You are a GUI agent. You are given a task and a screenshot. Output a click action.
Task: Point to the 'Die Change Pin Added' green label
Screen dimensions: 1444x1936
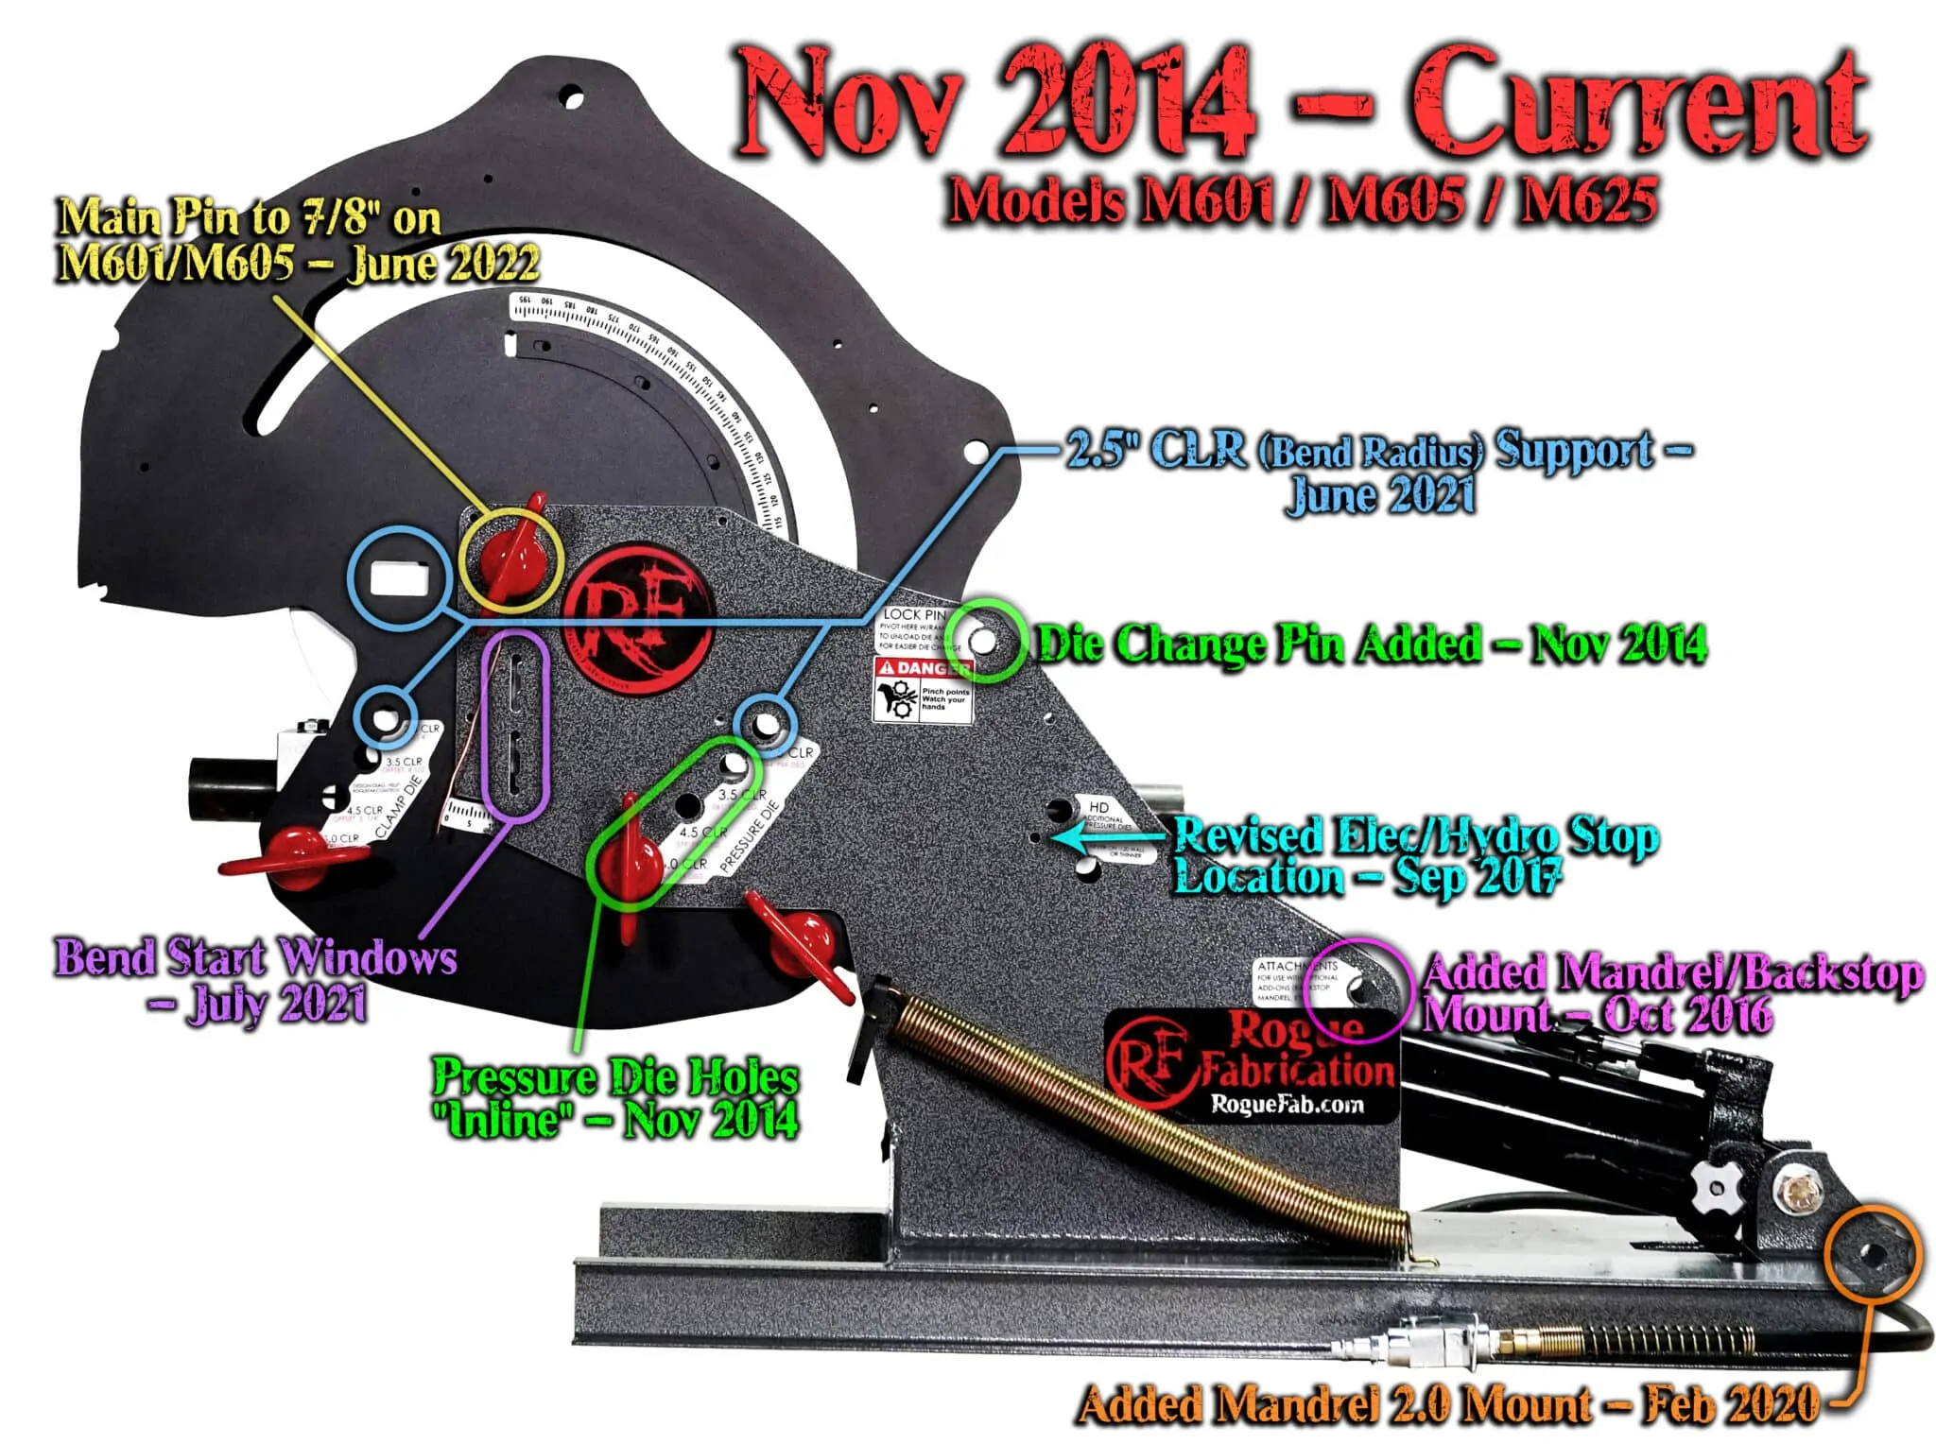(x=1372, y=645)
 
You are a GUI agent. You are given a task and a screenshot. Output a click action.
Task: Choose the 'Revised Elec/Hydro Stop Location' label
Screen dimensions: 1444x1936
(x=1413, y=856)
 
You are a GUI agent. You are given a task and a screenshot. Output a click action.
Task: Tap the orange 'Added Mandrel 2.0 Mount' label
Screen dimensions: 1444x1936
(x=1447, y=1405)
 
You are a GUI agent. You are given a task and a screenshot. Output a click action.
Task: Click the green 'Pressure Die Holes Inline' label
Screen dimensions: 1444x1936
(x=615, y=1098)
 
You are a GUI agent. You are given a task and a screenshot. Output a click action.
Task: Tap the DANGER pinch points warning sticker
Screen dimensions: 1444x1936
(x=922, y=690)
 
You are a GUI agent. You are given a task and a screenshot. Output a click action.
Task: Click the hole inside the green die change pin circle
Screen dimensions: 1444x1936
(x=982, y=640)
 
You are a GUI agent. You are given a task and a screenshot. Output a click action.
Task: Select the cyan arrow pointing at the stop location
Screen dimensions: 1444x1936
(x=1106, y=837)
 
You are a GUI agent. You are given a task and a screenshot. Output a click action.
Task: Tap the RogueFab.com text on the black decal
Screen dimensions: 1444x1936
(x=1288, y=1104)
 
